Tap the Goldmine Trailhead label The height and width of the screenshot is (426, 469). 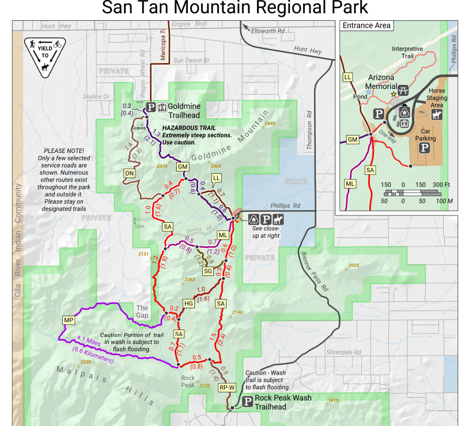(x=185, y=111)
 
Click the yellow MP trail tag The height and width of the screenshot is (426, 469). (x=69, y=320)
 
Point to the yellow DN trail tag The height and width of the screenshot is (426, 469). (x=129, y=173)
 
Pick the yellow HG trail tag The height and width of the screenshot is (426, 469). (x=188, y=303)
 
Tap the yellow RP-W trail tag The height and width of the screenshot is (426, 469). (x=226, y=388)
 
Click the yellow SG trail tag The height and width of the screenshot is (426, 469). (x=208, y=271)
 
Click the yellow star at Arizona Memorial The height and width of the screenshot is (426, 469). (x=394, y=93)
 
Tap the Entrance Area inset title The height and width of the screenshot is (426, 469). (x=366, y=25)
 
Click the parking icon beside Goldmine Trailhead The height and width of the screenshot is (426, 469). (x=151, y=107)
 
